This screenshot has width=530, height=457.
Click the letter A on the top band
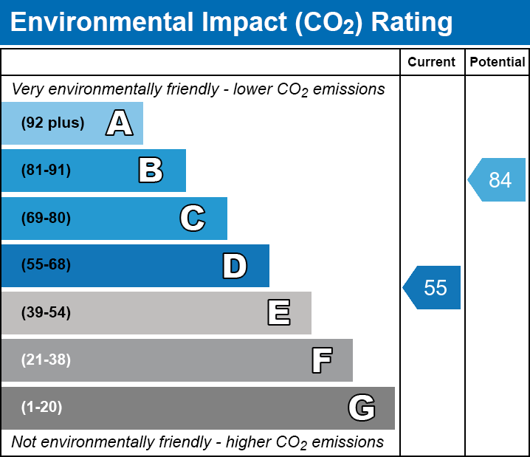120,123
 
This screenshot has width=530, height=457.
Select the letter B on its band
151,171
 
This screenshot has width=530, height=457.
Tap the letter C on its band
193,218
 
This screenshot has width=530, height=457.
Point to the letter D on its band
235,266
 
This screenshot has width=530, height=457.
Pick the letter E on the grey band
278,313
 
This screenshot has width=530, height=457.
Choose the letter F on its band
321,360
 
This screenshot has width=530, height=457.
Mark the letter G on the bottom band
362,408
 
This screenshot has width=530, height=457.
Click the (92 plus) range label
52,123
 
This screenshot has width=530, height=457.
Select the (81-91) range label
46,171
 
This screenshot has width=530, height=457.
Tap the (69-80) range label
46,218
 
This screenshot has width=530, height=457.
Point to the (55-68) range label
46,265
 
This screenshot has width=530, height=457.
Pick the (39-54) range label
46,313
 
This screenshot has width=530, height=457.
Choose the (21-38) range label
46,360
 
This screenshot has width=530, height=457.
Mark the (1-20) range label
42,408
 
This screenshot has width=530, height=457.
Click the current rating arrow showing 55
433,287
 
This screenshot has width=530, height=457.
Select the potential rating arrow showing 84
498,179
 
